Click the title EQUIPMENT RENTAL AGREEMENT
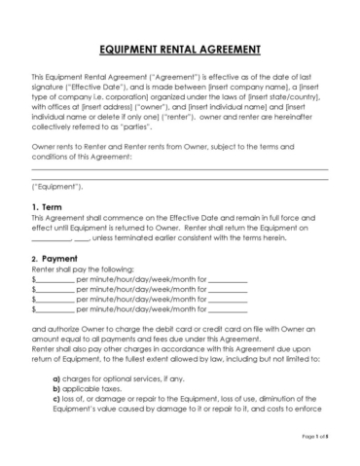pos(180,49)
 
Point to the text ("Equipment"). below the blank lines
pos(57,184)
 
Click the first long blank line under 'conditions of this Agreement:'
pos(179,170)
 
